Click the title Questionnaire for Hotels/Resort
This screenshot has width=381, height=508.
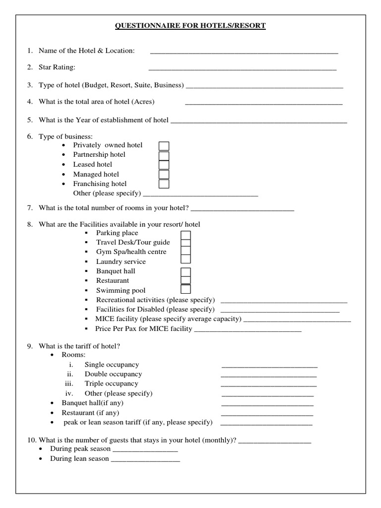[190, 26]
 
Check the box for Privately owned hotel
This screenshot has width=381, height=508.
[164, 146]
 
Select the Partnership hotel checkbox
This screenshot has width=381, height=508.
[164, 155]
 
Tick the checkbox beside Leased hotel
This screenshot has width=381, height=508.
[164, 165]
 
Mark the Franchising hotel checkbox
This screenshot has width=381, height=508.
[164, 184]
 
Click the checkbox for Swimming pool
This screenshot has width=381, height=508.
[186, 289]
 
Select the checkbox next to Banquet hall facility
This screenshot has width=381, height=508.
[186, 272]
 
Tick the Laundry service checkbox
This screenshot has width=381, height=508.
[186, 258]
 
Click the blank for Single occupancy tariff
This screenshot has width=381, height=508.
[269, 366]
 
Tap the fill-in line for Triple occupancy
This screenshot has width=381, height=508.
[268, 385]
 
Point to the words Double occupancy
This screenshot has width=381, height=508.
[113, 374]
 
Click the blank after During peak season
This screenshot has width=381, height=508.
[145, 450]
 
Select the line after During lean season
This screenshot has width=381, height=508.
[145, 460]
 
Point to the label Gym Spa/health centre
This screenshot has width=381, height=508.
[131, 252]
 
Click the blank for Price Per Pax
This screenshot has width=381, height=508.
[248, 330]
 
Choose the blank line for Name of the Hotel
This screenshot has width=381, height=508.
[244, 52]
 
